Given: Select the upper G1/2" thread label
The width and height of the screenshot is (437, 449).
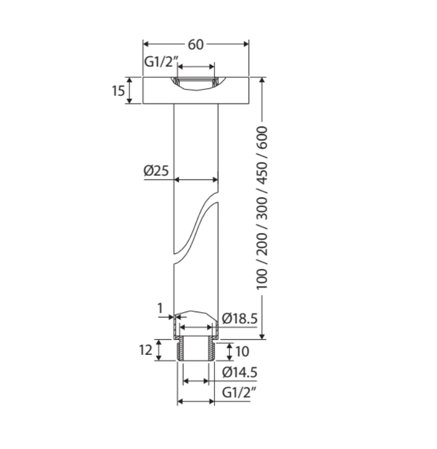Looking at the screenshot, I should (160, 62).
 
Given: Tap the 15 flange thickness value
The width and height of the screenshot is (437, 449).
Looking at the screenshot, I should (118, 91).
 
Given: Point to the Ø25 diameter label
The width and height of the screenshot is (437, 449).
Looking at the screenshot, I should (156, 170).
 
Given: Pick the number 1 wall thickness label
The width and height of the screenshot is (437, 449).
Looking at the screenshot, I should (160, 309).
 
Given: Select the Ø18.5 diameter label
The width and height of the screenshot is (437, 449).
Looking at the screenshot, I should (239, 318).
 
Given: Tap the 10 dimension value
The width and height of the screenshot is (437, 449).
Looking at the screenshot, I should (243, 350).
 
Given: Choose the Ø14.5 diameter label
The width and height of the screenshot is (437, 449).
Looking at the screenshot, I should (239, 372).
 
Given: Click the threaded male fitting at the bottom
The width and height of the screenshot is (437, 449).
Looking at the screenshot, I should (196, 350).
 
